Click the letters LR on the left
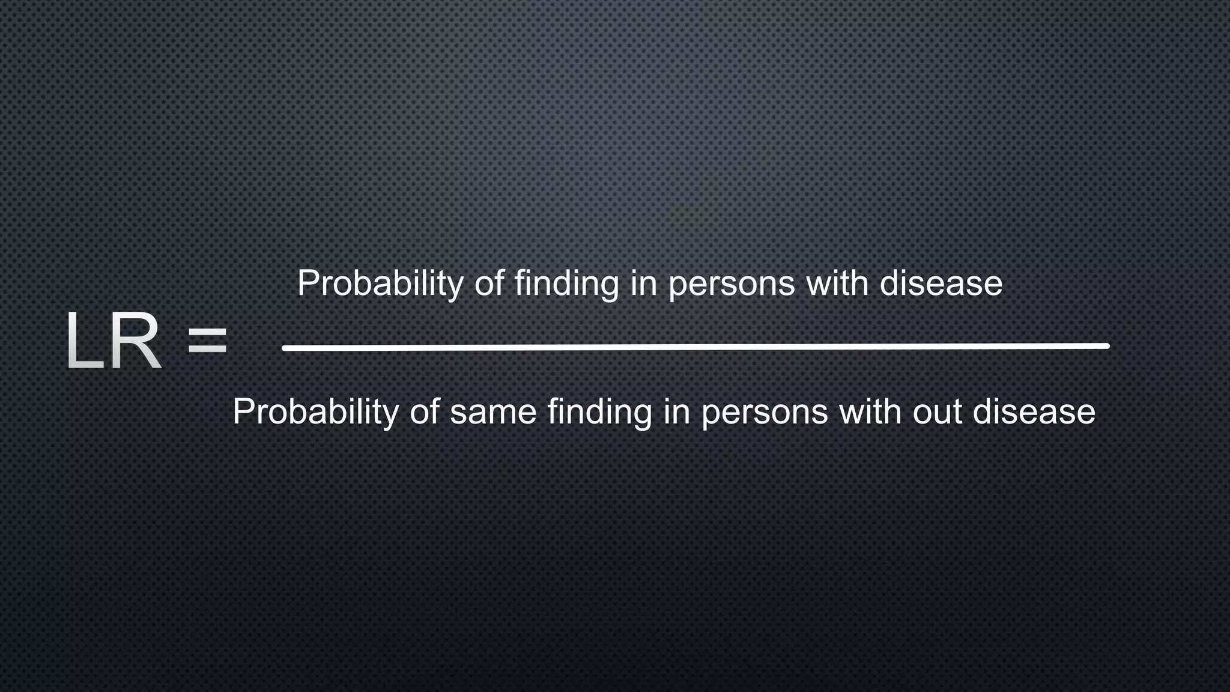point(113,341)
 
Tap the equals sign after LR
point(207,341)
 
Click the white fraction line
point(695,347)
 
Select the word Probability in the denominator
point(315,412)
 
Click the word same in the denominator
point(493,412)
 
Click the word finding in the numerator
point(566,284)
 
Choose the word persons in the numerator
point(732,284)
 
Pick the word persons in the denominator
point(765,412)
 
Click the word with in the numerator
point(837,284)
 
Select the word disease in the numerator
point(941,284)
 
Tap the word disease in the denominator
point(1034,412)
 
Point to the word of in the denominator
point(425,412)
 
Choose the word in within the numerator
point(643,284)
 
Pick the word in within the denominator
point(676,412)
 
